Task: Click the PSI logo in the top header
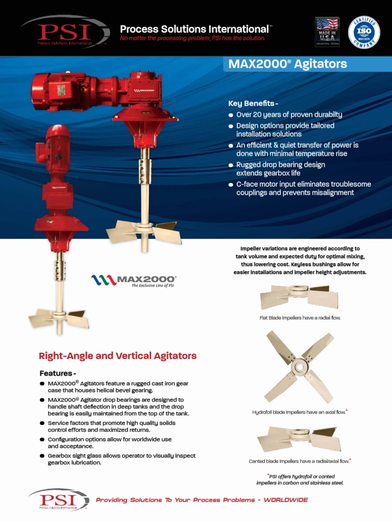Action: point(65,31)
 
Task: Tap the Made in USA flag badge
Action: point(327,32)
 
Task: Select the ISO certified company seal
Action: point(363,31)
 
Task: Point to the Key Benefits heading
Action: point(253,103)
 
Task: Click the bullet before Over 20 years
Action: point(231,115)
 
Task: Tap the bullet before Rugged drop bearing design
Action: point(231,166)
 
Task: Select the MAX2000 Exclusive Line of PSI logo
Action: point(134,280)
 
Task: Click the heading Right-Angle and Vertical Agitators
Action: point(118,356)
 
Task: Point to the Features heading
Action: point(58,373)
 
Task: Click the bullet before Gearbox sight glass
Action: point(42,456)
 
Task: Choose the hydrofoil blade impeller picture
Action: point(299,366)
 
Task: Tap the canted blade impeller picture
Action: point(299,439)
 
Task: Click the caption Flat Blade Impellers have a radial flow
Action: point(300,318)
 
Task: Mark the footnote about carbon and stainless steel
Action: point(300,479)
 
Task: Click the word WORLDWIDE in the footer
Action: point(285,500)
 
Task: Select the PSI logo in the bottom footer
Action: point(59,500)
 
